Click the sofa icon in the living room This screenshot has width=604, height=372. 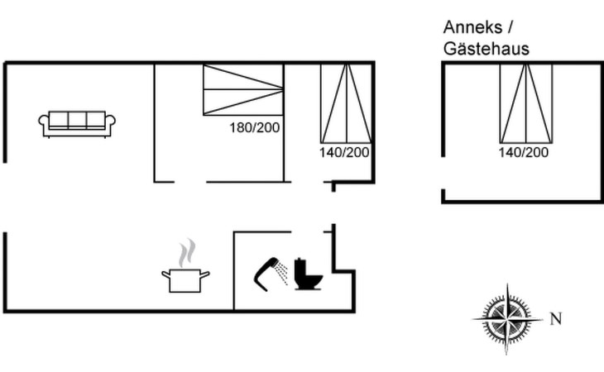click(77, 124)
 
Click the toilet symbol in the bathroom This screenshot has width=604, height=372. click(308, 274)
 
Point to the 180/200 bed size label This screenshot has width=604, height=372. click(254, 127)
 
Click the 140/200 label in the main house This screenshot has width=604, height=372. click(344, 153)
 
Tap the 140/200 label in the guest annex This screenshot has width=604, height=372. click(524, 152)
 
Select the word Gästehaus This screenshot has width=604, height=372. click(487, 49)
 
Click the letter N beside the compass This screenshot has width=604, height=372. click(555, 318)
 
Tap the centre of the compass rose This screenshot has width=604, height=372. click(507, 319)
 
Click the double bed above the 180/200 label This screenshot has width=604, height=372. click(243, 89)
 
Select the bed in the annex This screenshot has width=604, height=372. click(525, 104)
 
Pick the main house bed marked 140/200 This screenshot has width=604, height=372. click(347, 104)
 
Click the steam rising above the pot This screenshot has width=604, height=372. click(186, 253)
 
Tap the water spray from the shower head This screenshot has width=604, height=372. click(283, 273)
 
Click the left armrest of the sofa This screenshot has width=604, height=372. click(44, 122)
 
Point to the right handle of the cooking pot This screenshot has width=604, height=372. click(205, 274)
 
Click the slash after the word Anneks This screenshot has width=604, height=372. click(511, 27)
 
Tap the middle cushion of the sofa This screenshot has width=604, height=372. click(77, 120)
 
